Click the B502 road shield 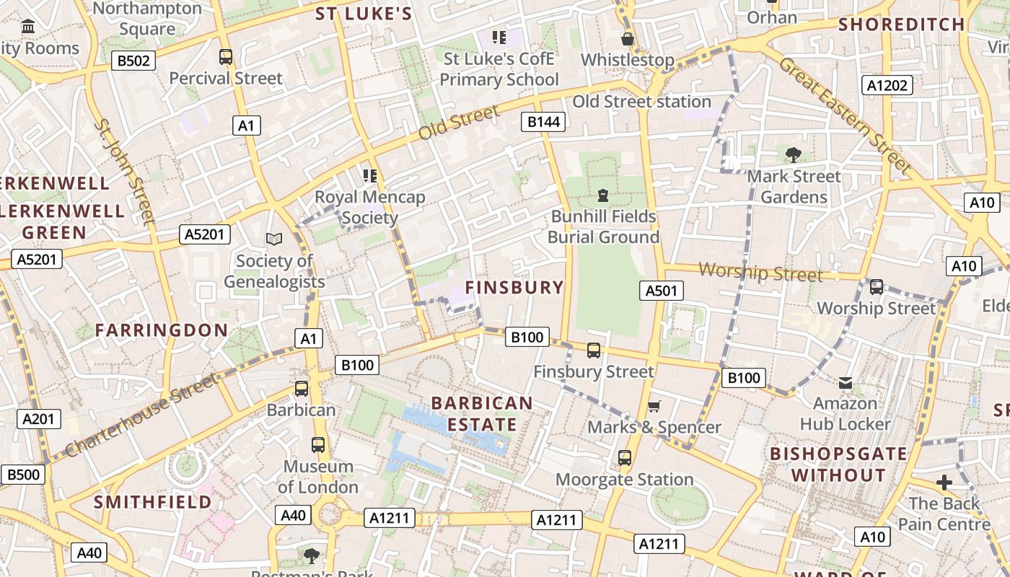(133, 61)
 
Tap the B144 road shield (543, 122)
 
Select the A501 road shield (661, 291)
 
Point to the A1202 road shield (887, 86)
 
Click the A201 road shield (40, 419)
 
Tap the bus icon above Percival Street (226, 56)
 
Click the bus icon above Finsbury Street (594, 351)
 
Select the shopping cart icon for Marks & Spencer (654, 406)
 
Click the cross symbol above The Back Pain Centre (944, 482)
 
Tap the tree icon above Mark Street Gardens (794, 154)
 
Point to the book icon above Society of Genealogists (274, 239)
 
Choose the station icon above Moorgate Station (625, 458)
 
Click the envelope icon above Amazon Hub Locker (845, 382)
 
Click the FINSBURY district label (514, 287)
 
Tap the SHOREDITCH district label (902, 25)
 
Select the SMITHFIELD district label (153, 502)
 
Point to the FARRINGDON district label (162, 330)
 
